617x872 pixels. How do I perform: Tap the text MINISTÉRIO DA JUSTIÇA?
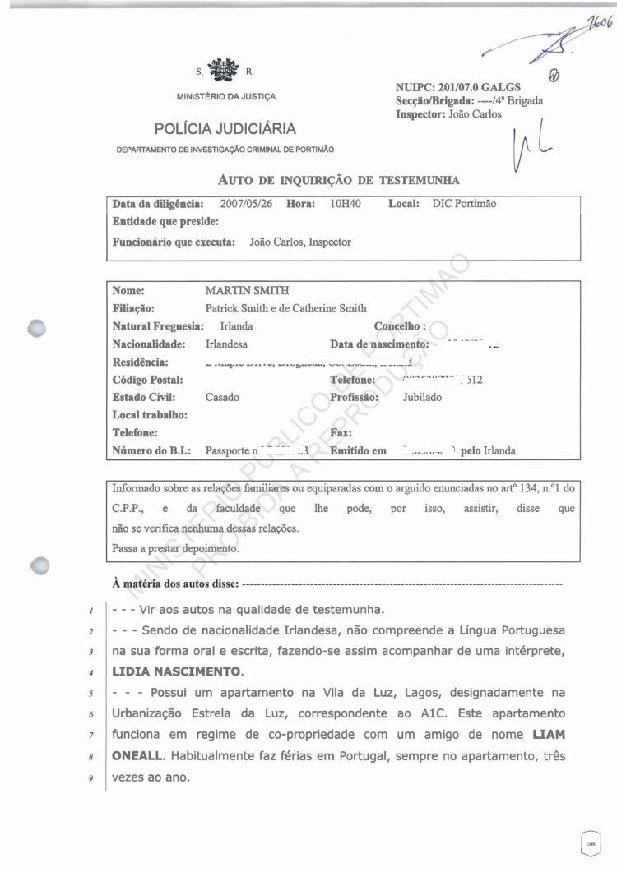pos(226,97)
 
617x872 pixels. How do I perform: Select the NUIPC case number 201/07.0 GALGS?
pos(480,87)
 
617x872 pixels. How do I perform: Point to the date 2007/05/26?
pos(248,203)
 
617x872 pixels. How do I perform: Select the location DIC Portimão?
pos(464,203)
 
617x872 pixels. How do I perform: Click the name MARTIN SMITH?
pos(247,291)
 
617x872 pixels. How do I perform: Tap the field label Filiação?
pos(133,309)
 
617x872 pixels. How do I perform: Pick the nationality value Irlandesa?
pos(226,344)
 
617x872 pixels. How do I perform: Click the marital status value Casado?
pos(222,397)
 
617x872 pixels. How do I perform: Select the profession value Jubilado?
pos(422,397)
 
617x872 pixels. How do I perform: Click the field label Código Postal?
pos(147,380)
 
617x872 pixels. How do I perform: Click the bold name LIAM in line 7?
pos(549,732)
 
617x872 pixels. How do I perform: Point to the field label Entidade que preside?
pos(165,221)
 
